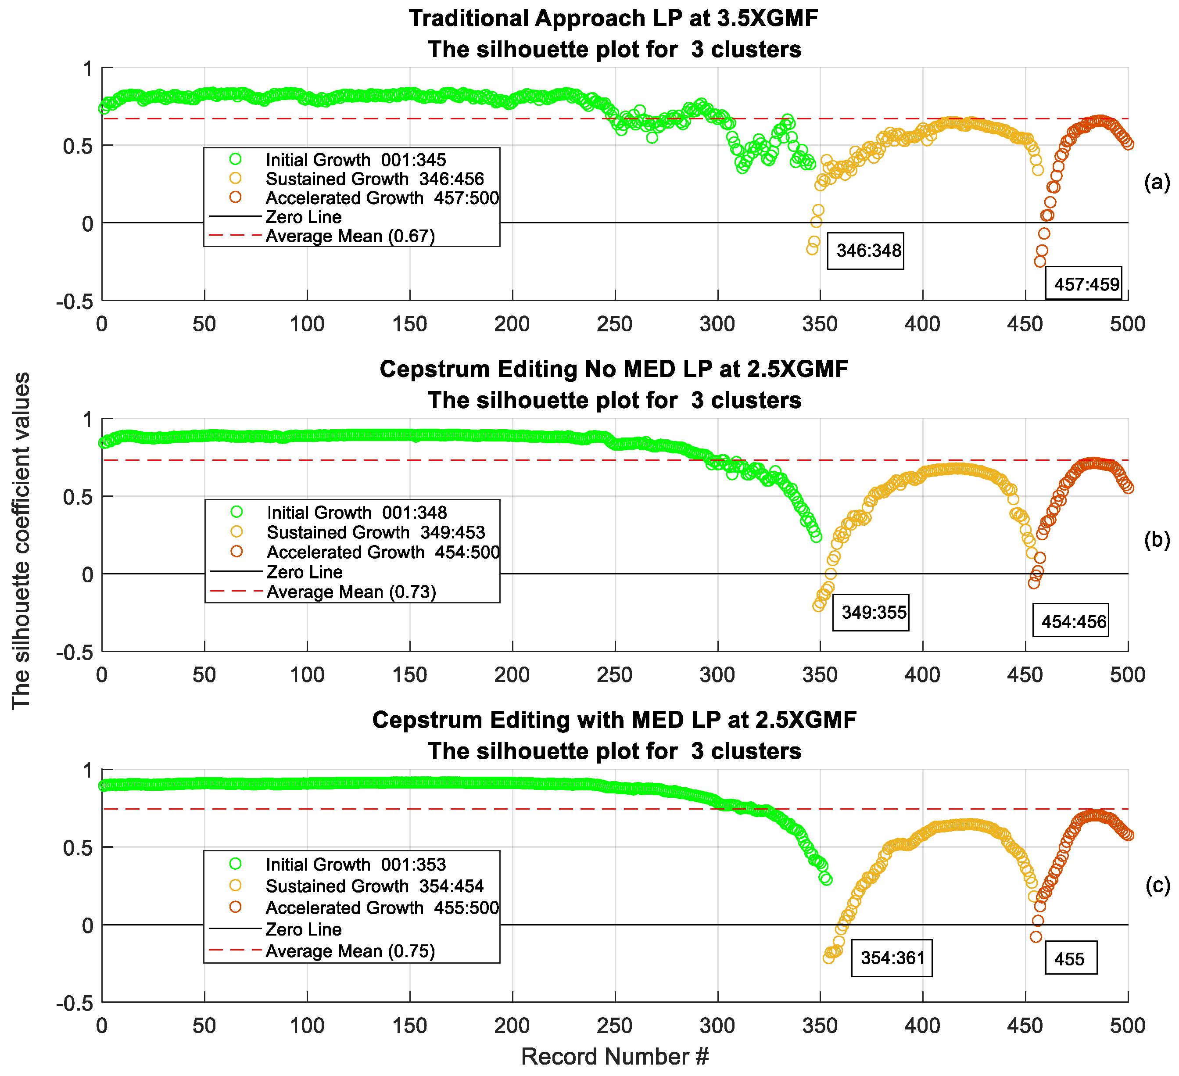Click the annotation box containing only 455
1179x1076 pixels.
[1070, 959]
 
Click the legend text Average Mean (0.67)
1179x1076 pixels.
[350, 236]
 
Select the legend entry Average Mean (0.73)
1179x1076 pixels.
[351, 592]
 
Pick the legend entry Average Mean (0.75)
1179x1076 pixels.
[350, 951]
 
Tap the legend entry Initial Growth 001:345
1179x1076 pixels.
[355, 160]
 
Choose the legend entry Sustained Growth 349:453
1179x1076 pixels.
[376, 532]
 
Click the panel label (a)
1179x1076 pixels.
[1157, 183]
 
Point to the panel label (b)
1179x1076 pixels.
[1157, 540]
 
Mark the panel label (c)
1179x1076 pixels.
[1157, 886]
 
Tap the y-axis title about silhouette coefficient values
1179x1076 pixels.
[21, 541]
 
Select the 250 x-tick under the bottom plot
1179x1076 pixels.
[615, 1025]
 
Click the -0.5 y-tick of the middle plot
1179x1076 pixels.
[74, 653]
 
